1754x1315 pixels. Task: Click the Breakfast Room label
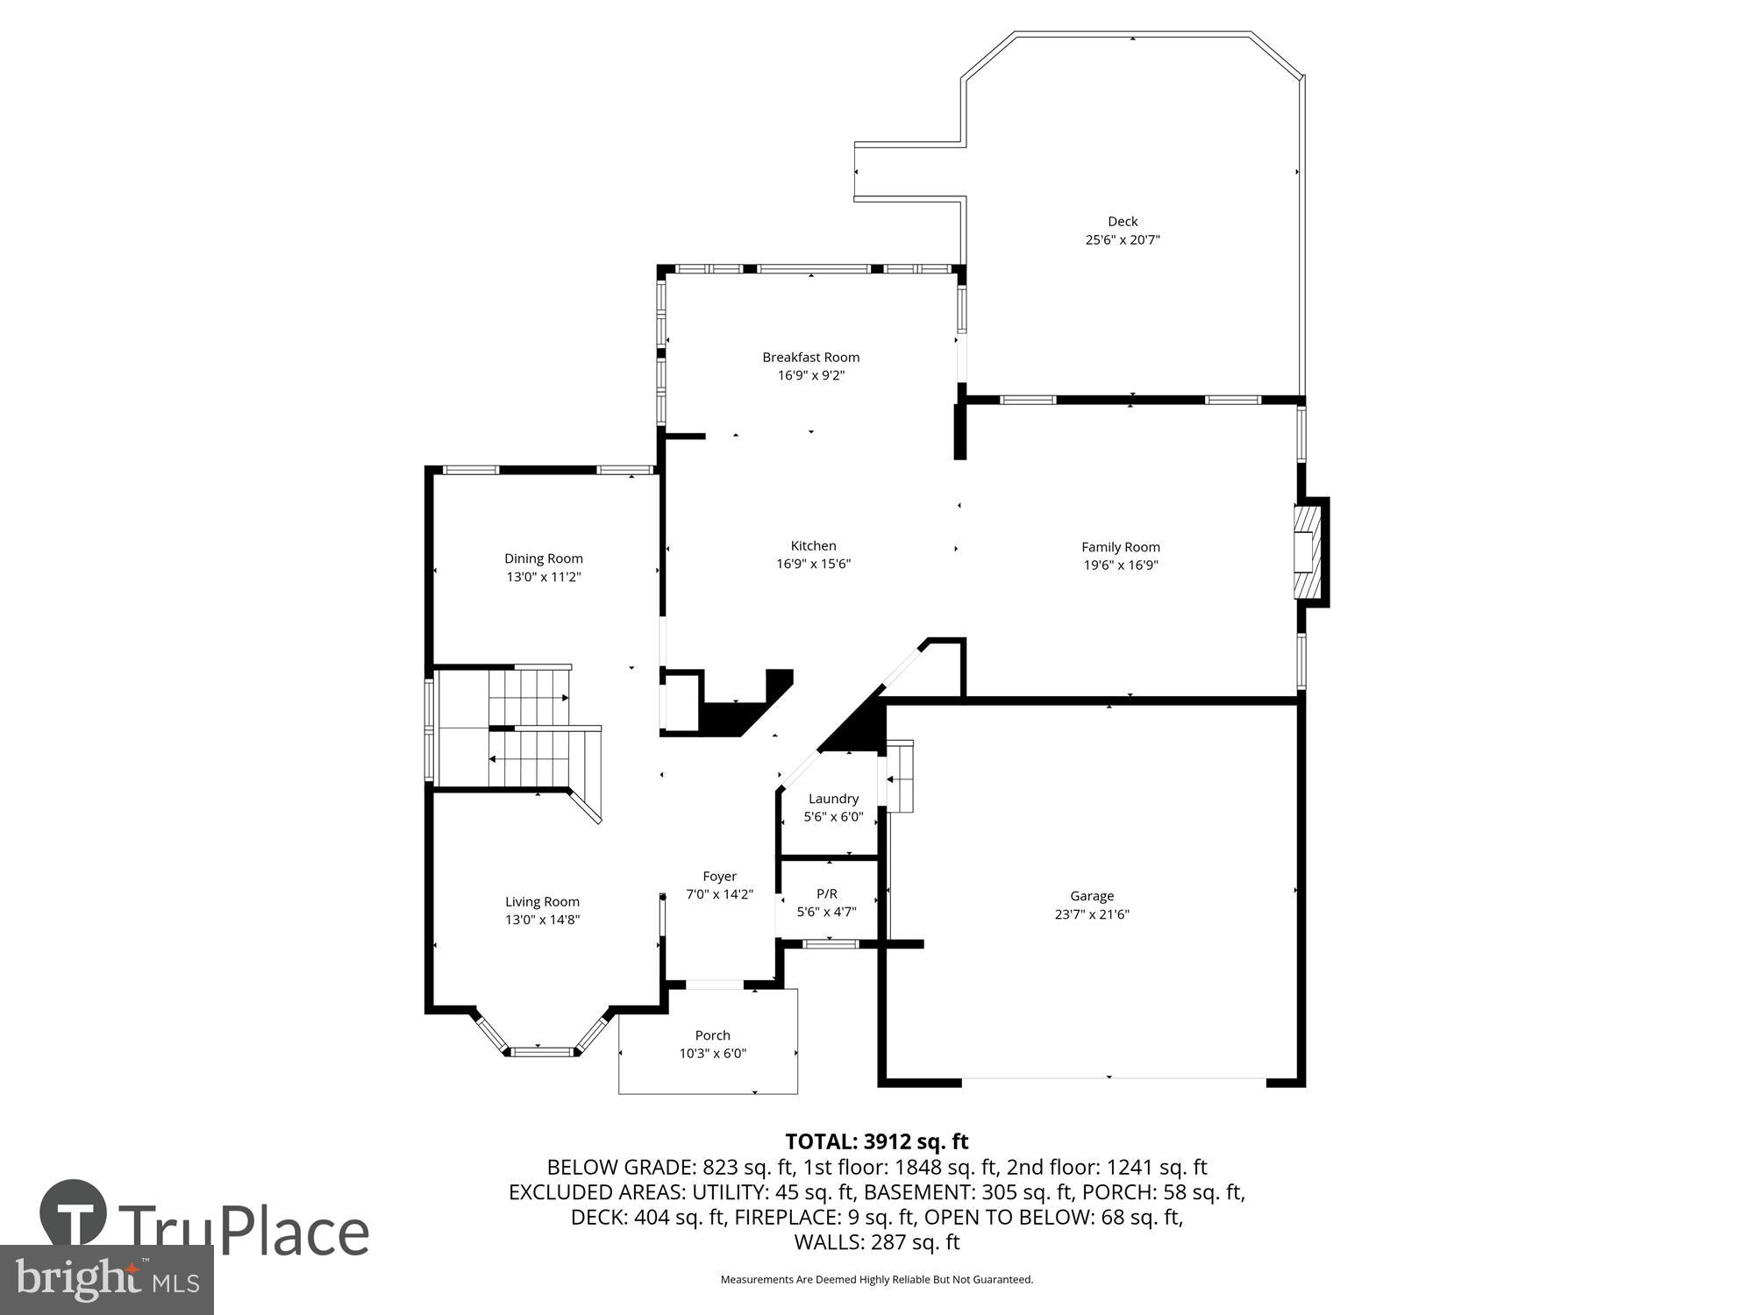(x=810, y=357)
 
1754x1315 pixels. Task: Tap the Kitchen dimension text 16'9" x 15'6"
(x=813, y=564)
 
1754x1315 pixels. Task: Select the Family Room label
(x=1120, y=547)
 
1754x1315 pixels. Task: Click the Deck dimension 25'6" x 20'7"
(x=1123, y=239)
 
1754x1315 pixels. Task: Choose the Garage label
(x=1092, y=896)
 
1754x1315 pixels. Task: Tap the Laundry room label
(x=833, y=799)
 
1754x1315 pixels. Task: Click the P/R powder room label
(x=826, y=893)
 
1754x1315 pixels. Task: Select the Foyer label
(x=719, y=876)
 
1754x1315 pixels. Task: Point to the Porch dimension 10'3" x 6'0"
(x=712, y=1054)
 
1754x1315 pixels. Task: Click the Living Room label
(x=542, y=901)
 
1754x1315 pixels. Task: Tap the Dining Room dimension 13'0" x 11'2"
(x=543, y=577)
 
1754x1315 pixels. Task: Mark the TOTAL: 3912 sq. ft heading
(x=876, y=1141)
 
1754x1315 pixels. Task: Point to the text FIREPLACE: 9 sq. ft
(x=825, y=1217)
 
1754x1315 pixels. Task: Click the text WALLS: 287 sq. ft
(x=876, y=1242)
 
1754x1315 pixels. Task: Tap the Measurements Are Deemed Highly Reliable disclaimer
(x=876, y=1280)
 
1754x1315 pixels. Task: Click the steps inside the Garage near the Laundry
(x=900, y=777)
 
